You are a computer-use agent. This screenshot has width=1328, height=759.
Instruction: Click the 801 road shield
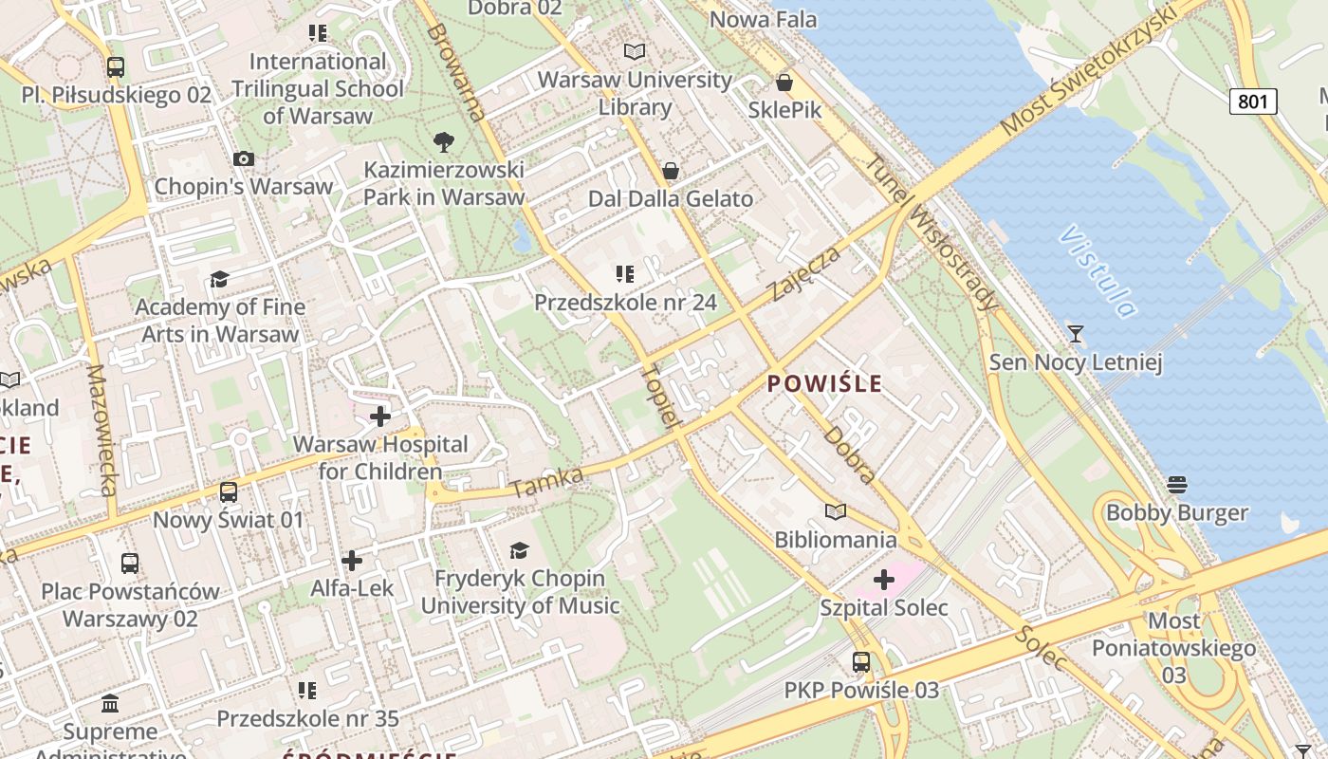(x=1253, y=101)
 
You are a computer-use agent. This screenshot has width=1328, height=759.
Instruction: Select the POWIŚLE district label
(x=824, y=384)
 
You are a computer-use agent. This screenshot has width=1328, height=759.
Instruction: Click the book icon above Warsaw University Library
(x=635, y=51)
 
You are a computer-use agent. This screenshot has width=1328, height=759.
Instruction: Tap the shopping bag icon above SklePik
(x=784, y=83)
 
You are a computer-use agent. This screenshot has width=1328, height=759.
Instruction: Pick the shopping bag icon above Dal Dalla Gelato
(x=671, y=171)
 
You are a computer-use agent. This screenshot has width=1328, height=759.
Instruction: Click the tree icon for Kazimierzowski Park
(x=443, y=143)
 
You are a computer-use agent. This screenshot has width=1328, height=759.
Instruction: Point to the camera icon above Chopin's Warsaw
(x=244, y=158)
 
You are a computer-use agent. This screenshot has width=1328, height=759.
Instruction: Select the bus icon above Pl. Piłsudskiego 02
(x=116, y=67)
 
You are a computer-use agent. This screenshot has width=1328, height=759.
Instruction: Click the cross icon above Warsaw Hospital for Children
(x=380, y=417)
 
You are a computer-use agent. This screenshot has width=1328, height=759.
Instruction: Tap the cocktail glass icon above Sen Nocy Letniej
(x=1075, y=334)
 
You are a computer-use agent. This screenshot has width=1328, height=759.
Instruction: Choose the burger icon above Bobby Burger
(x=1177, y=485)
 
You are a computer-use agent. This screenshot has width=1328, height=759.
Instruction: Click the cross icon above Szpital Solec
(x=884, y=579)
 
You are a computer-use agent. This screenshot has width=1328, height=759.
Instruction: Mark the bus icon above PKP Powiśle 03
(x=861, y=662)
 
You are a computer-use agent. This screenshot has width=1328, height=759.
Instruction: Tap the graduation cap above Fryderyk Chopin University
(x=519, y=550)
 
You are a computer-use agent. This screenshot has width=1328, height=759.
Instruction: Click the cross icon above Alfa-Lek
(x=352, y=561)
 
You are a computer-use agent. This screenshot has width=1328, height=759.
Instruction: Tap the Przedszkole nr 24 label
(x=625, y=303)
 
